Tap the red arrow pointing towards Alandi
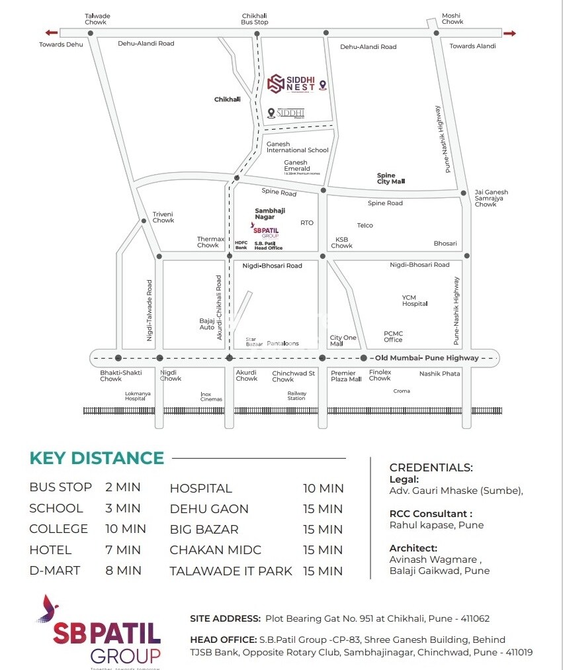509,33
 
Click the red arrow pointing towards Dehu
51,32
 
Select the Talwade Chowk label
98,19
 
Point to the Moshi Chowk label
452,19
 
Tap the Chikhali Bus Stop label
255,19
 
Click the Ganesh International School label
297,147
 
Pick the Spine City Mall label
390,179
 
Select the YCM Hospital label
415,301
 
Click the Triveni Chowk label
163,217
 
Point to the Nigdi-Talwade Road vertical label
150,310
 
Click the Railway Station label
296,395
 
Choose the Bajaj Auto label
207,324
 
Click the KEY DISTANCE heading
97,458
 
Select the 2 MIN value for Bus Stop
123,487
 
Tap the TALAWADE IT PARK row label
231,571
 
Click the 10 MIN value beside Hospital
324,489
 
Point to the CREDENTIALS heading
431,467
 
